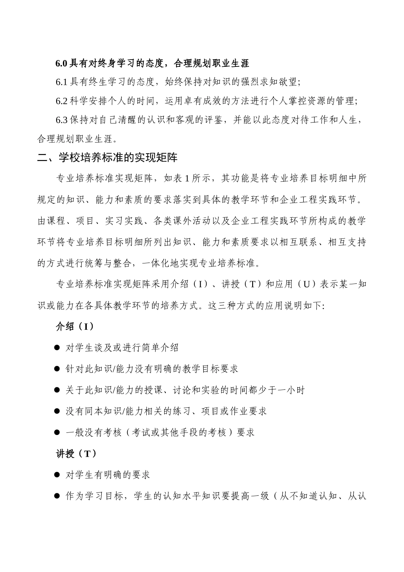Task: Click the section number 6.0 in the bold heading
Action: (x=61, y=64)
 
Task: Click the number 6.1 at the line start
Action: (x=61, y=82)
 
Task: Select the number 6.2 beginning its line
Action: (x=61, y=101)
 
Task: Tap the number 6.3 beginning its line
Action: (x=61, y=120)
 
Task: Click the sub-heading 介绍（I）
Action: (x=75, y=326)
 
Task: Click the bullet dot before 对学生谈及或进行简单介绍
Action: (x=57, y=348)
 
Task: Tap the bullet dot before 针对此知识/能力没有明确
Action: (x=57, y=369)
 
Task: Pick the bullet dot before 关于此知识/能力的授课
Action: (x=57, y=390)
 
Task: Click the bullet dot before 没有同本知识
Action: (x=57, y=411)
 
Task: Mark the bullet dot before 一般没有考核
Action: (x=57, y=432)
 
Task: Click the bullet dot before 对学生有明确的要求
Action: (x=57, y=475)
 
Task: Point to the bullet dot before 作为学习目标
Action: (x=57, y=496)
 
